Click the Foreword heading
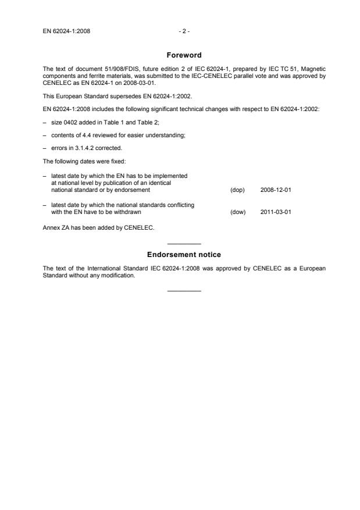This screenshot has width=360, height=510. pyautogui.click(x=184, y=55)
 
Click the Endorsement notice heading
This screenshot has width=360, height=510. pyautogui.click(x=184, y=255)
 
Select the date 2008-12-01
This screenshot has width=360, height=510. pyautogui.click(x=272, y=190)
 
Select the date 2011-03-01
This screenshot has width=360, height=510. pyautogui.click(x=272, y=212)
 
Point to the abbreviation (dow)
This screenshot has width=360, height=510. pyautogui.click(x=238, y=212)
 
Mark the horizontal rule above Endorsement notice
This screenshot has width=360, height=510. pyautogui.click(x=184, y=243)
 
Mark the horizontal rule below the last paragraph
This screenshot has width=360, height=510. pyautogui.click(x=184, y=290)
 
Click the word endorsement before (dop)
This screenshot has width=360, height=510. pyautogui.click(x=134, y=190)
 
